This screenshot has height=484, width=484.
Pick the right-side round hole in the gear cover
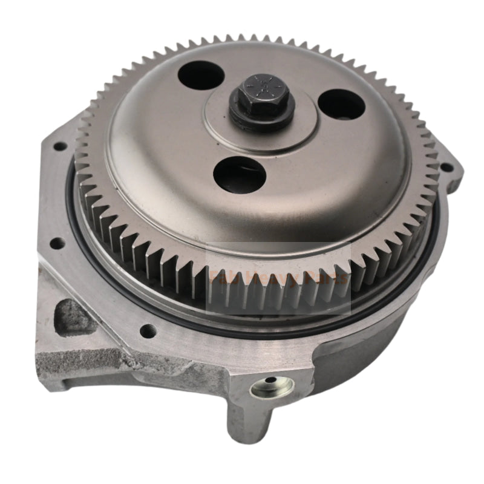pos(342,106)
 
